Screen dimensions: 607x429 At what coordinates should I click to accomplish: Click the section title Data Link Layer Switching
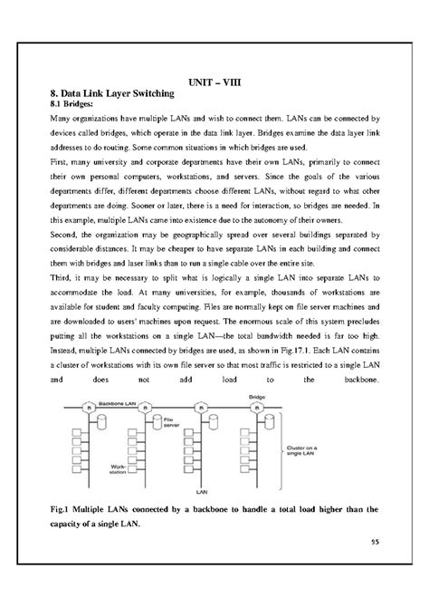tap(108, 94)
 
